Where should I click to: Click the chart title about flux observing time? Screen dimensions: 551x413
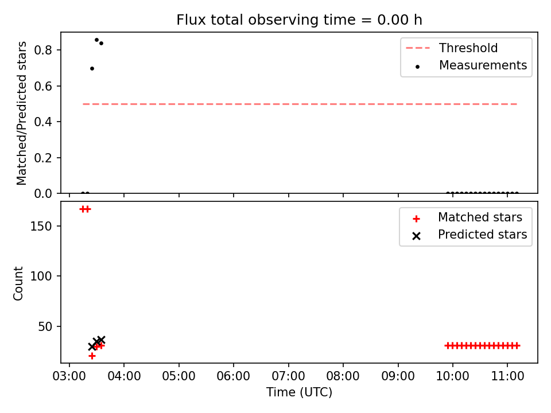[299, 20]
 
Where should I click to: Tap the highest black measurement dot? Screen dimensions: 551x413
[96, 40]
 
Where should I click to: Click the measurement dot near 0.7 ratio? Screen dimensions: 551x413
[92, 68]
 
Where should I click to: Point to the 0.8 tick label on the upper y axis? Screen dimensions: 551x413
[43, 50]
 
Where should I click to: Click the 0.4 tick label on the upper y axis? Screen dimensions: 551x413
[43, 122]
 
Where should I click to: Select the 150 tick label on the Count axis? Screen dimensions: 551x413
[41, 226]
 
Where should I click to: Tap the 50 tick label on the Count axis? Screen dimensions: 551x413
[45, 326]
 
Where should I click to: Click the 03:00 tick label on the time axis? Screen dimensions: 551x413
[69, 376]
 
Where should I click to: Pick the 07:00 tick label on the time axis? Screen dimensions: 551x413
[289, 376]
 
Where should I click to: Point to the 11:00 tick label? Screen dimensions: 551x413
[507, 376]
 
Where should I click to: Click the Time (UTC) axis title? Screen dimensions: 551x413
[299, 392]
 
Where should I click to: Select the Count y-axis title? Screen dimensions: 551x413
[18, 283]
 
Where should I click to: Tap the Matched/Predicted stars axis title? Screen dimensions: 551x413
[21, 113]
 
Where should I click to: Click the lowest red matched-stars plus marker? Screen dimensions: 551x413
[92, 356]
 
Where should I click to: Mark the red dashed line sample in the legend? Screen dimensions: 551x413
[418, 48]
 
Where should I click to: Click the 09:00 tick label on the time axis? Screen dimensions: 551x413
[398, 376]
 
